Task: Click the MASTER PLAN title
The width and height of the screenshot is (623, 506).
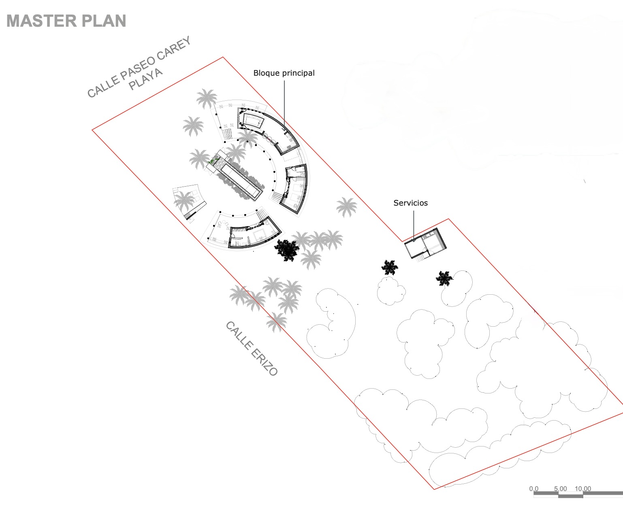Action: pyautogui.click(x=66, y=21)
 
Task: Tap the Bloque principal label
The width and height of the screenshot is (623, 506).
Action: pyautogui.click(x=284, y=73)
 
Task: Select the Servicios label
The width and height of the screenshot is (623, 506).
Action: pyautogui.click(x=410, y=203)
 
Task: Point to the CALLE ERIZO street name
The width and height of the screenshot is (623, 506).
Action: pyautogui.click(x=252, y=349)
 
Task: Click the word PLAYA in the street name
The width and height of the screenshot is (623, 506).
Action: pyautogui.click(x=146, y=79)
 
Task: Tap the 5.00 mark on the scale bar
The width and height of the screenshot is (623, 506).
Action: pyautogui.click(x=560, y=489)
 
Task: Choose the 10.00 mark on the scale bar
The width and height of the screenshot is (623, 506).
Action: pyautogui.click(x=582, y=489)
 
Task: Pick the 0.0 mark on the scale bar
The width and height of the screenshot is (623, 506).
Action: pyautogui.click(x=533, y=489)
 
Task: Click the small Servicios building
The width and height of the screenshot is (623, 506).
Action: pyautogui.click(x=425, y=244)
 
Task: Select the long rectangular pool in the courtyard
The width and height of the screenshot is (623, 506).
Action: pyautogui.click(x=239, y=179)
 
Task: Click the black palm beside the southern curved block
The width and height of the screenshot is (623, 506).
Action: pyautogui.click(x=288, y=250)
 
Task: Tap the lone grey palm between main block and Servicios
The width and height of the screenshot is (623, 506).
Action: pyautogui.click(x=346, y=207)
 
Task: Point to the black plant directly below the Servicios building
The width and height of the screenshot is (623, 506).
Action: pyautogui.click(x=390, y=267)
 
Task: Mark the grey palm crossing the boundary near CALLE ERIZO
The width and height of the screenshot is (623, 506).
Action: pyautogui.click(x=276, y=322)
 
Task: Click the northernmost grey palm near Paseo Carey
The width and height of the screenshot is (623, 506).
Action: pyautogui.click(x=207, y=98)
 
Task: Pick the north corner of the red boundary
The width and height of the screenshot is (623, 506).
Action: pyautogui.click(x=223, y=57)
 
